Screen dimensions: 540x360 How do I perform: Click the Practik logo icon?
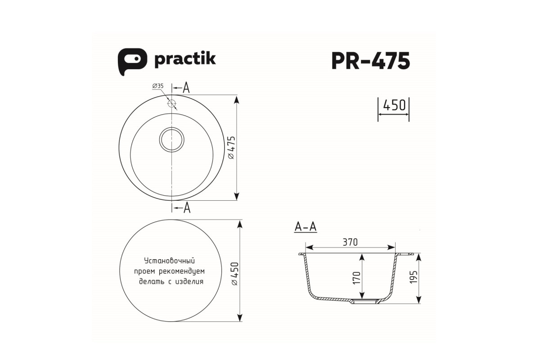132,62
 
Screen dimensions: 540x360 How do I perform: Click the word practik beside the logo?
185,59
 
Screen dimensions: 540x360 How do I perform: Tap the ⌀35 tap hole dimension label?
158,86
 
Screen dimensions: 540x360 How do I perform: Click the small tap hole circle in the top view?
171,103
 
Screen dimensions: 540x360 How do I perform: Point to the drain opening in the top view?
171,140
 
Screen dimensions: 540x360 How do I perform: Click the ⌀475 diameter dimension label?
231,148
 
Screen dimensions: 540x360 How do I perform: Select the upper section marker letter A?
186,88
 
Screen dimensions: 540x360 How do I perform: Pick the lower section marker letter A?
187,207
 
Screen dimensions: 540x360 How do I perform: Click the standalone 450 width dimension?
394,105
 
